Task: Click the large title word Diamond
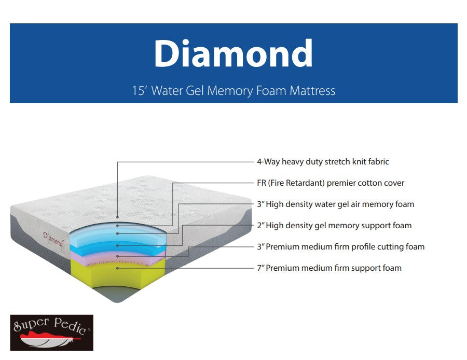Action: coord(233,53)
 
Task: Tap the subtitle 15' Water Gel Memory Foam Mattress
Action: coord(233,91)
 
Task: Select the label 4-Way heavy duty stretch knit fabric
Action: coord(323,162)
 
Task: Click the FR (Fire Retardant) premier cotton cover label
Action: coord(331,183)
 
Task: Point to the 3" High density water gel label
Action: coord(335,204)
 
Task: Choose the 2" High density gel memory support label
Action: coord(334,226)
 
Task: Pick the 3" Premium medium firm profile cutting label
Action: coord(340,247)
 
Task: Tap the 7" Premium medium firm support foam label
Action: coord(329,268)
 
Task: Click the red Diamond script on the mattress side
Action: coord(53,240)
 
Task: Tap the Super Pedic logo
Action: coord(51,333)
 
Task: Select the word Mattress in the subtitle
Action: coord(312,91)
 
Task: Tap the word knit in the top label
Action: coord(357,162)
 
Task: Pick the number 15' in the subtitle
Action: coord(140,91)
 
